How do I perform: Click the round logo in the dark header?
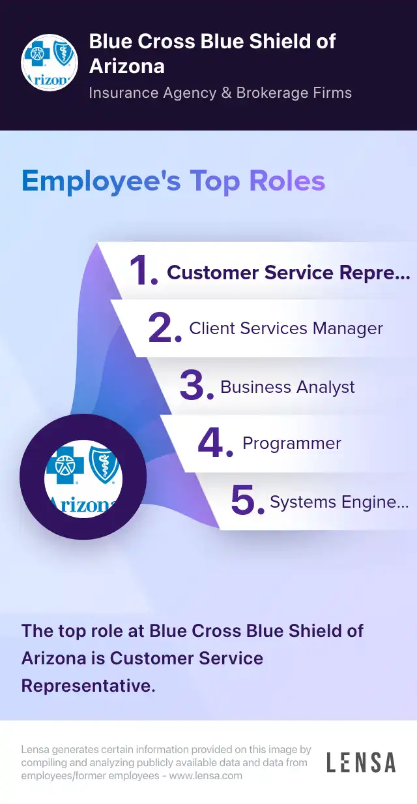pyautogui.click(x=50, y=63)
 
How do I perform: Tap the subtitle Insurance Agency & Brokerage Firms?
pyautogui.click(x=220, y=93)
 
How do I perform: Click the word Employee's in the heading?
pyautogui.click(x=102, y=181)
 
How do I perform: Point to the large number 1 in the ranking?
pyautogui.click(x=143, y=270)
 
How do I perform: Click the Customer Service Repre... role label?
pyautogui.click(x=289, y=273)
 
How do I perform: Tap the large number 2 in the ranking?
pyautogui.click(x=165, y=328)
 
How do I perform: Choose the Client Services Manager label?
pyautogui.click(x=286, y=328)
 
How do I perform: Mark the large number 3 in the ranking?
pyautogui.click(x=197, y=385)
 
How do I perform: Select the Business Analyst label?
pyautogui.click(x=287, y=387)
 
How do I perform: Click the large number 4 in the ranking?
pyautogui.click(x=215, y=442)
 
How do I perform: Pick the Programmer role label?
pyautogui.click(x=292, y=444)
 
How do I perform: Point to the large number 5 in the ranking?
pyautogui.click(x=248, y=500)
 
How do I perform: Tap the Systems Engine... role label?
pyautogui.click(x=339, y=502)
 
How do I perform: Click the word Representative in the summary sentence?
pyautogui.click(x=88, y=685)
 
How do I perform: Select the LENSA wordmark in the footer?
pyautogui.click(x=361, y=762)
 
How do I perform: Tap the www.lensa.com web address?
pyautogui.click(x=206, y=776)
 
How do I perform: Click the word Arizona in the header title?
pyautogui.click(x=127, y=67)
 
